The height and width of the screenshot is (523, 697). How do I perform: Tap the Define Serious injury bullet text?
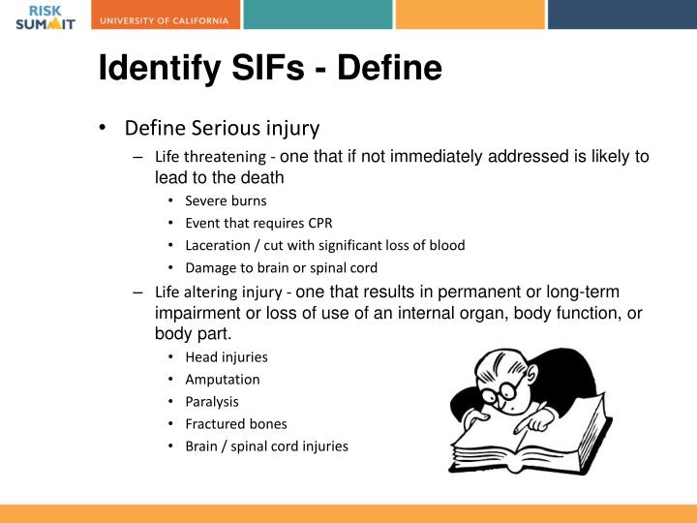222,128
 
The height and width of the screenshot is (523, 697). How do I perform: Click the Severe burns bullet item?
226,200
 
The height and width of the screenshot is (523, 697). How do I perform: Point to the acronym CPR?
317,223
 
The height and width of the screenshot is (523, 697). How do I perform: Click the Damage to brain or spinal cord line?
281,267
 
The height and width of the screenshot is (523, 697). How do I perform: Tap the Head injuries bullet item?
227,356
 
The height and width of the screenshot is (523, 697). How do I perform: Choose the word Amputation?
223,379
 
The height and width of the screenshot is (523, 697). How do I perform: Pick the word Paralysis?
212,401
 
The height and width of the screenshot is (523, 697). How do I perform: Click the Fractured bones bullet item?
236,423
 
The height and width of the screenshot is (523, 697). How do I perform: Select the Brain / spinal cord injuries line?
266,446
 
